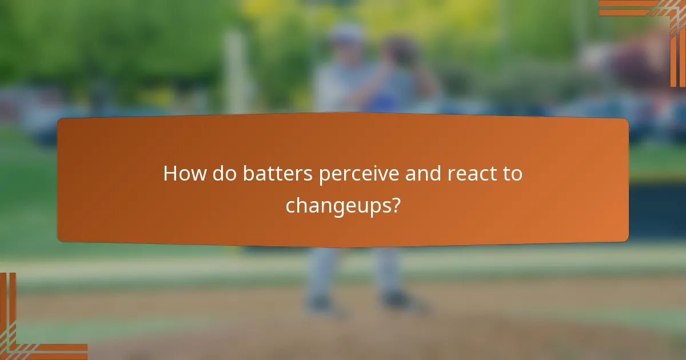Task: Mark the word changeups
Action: point(336,206)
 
